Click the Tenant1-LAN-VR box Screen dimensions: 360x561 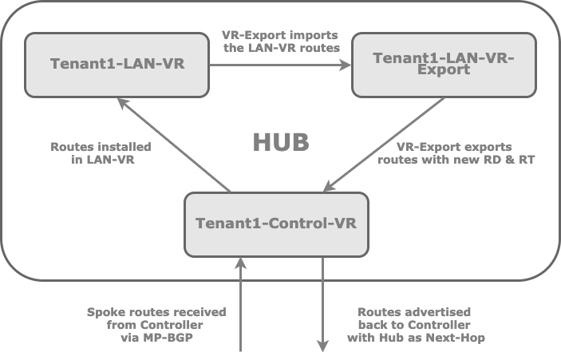(117, 64)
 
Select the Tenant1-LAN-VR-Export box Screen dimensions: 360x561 (443, 64)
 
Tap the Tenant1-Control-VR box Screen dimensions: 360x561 (276, 224)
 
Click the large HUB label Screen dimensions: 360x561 (280, 143)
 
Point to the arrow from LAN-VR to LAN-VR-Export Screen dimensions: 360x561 (279, 65)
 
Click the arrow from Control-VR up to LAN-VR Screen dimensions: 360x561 (173, 144)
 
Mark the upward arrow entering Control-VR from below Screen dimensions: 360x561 (241, 303)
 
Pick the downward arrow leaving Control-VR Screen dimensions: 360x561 (323, 303)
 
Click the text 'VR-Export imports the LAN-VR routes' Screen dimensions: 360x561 (280, 42)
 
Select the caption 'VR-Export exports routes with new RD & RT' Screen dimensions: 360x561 (454, 153)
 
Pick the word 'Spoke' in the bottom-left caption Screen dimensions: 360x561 (106, 312)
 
